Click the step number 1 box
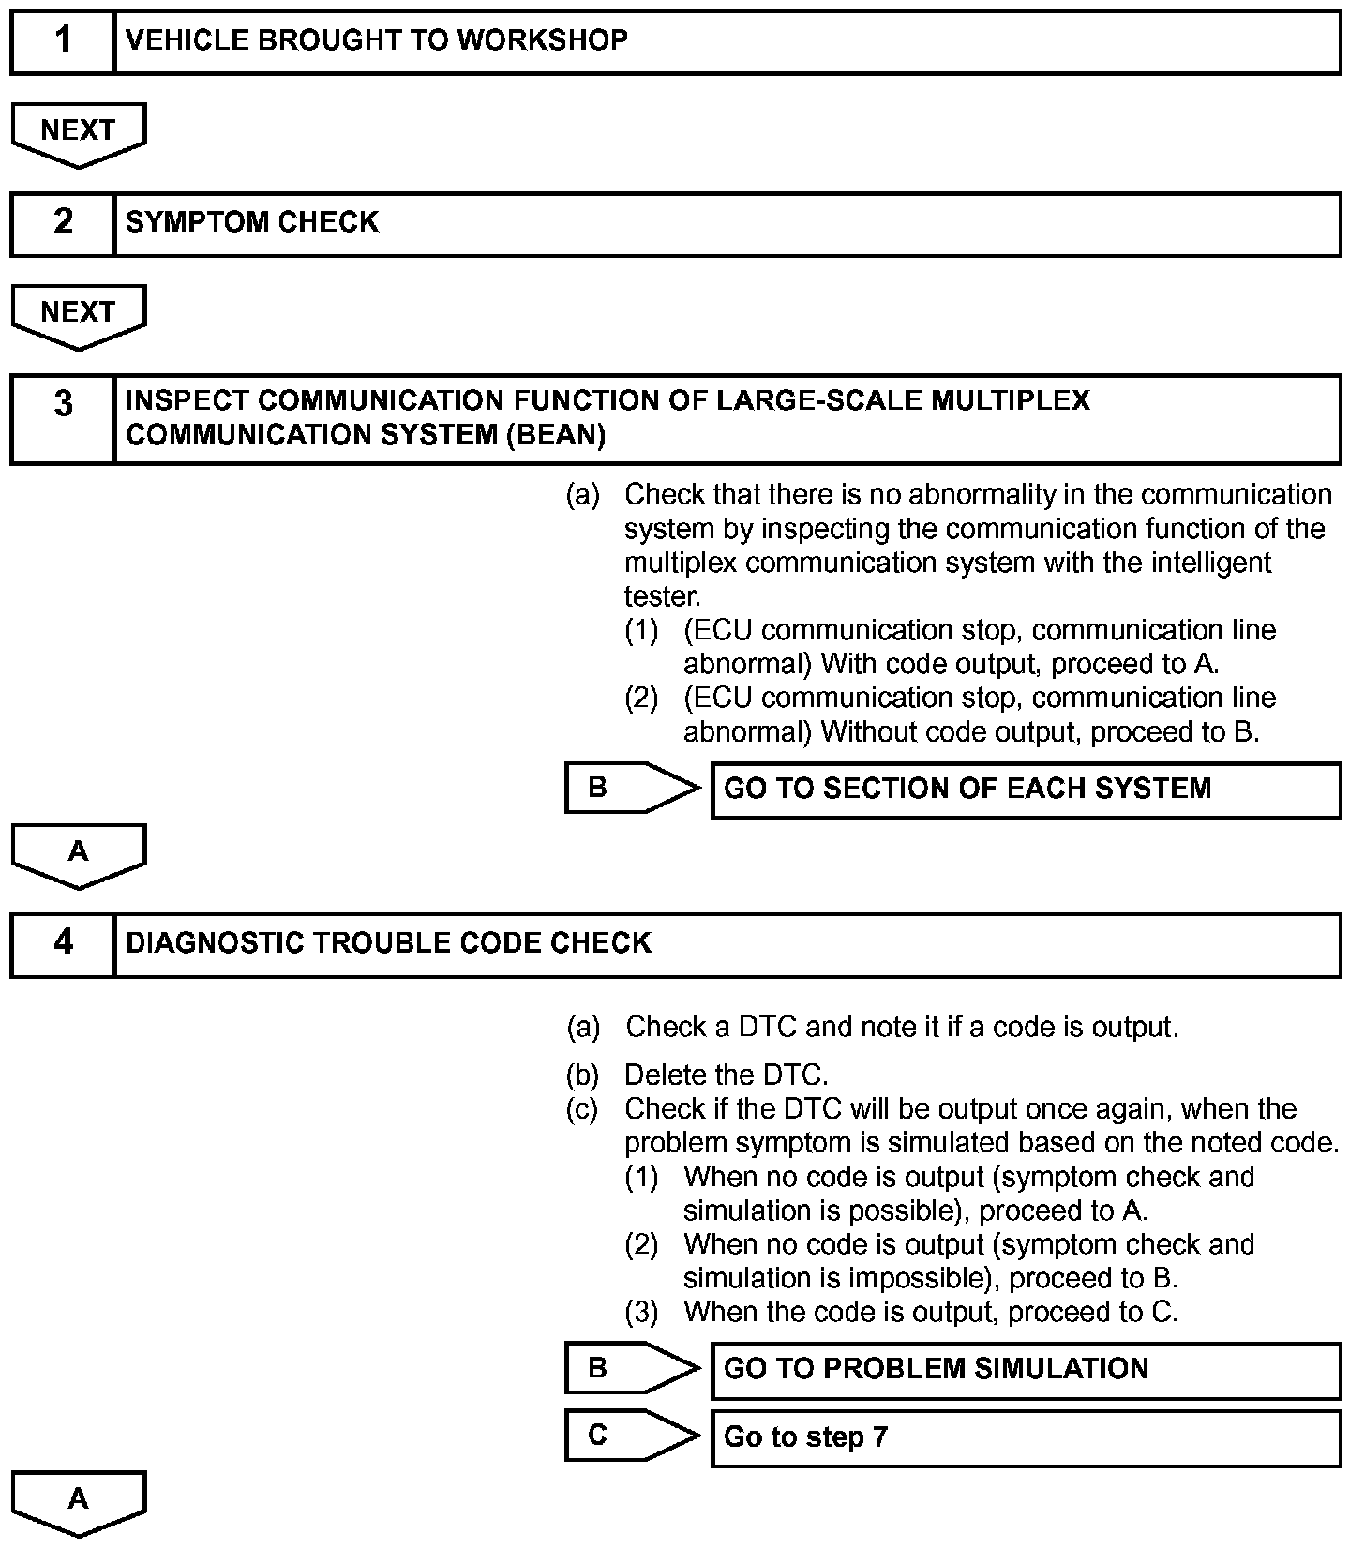[63, 41]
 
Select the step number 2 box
[63, 223]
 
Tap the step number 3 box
[63, 418]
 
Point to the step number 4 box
[63, 944]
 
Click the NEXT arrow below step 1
[79, 132]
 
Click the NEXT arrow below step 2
[79, 314]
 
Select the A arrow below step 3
[79, 853]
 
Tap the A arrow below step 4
[79, 1500]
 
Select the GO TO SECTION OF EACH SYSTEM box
[1026, 790]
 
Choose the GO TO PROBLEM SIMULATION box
[1026, 1370]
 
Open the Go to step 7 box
[1026, 1437]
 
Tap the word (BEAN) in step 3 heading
[555, 436]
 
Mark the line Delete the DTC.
[727, 1075]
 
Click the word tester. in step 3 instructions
[662, 596]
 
